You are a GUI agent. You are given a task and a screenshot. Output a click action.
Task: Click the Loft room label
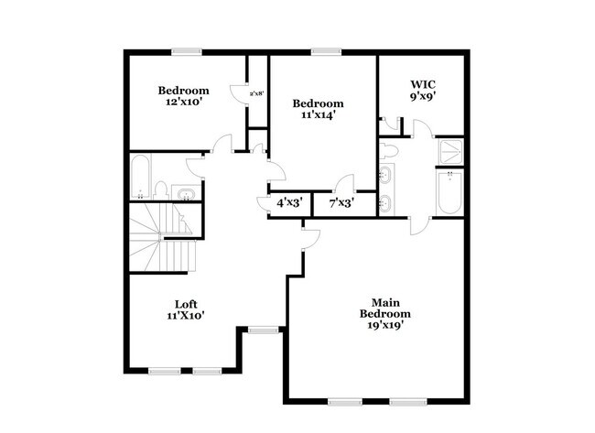point(185,304)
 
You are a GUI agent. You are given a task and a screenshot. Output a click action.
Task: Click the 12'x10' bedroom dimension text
point(184,103)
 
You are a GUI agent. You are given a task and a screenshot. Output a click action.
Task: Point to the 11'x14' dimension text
point(318,116)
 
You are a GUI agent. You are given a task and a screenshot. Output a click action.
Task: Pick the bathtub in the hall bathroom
point(140,178)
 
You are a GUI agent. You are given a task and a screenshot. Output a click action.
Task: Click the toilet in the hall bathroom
point(162,190)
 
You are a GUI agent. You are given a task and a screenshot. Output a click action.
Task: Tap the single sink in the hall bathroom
point(186,192)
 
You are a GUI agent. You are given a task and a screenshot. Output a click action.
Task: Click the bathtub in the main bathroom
point(449,193)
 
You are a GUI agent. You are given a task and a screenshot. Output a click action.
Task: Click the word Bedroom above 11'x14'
point(318,103)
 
